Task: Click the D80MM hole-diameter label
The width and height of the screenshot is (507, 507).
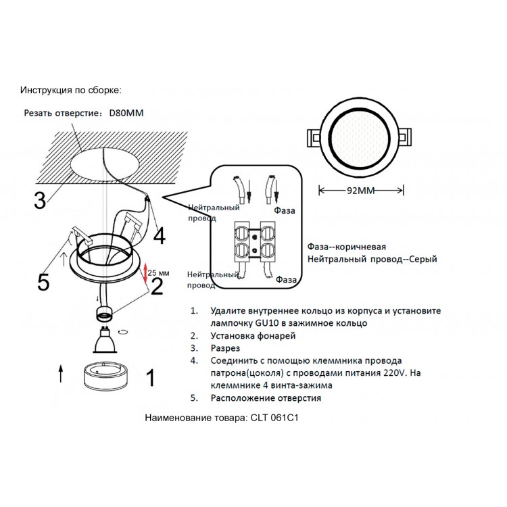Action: pyautogui.click(x=130, y=112)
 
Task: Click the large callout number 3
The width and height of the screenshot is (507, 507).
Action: pyautogui.click(x=41, y=200)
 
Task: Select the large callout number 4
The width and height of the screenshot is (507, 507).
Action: pyautogui.click(x=158, y=236)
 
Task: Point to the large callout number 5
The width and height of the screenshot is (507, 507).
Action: pyautogui.click(x=43, y=281)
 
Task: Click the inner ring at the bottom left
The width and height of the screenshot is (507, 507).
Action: pyautogui.click(x=105, y=377)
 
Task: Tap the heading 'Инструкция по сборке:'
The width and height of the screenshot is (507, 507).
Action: pyautogui.click(x=71, y=90)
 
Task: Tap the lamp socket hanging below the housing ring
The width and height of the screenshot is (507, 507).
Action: pyautogui.click(x=105, y=313)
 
